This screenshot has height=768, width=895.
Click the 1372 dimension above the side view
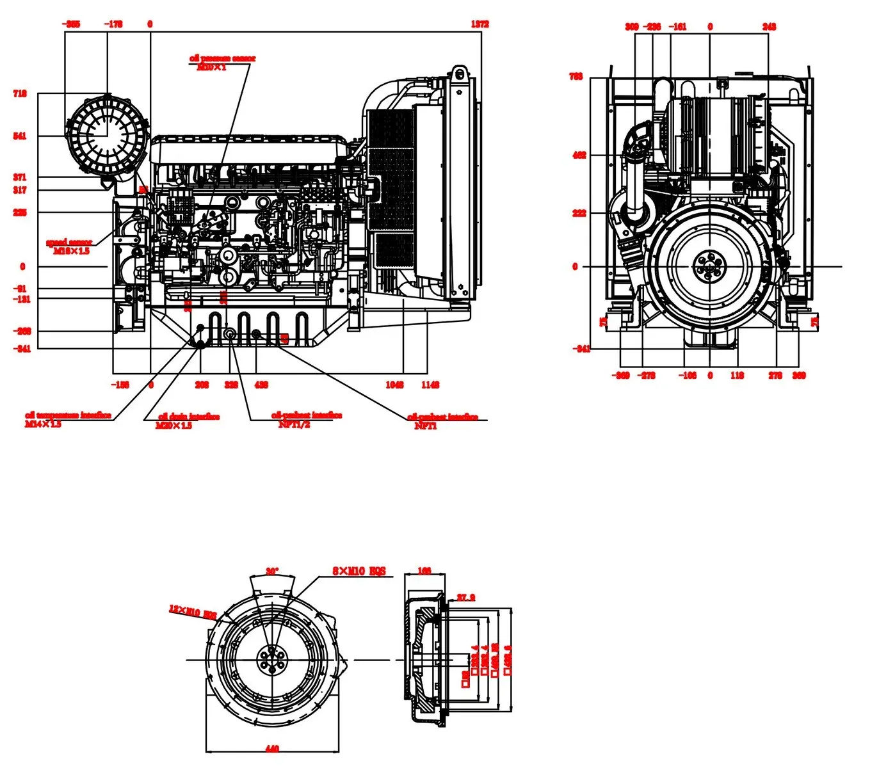[480, 24]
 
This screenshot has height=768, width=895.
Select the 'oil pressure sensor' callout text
[222, 58]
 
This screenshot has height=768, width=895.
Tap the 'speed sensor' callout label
[69, 242]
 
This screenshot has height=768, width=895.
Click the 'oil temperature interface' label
[68, 415]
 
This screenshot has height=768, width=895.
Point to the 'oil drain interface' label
[189, 417]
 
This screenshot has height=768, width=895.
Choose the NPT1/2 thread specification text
[294, 424]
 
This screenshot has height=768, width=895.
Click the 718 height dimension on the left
[20, 93]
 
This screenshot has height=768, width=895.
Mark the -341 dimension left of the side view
[22, 349]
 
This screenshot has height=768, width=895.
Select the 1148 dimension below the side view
[430, 385]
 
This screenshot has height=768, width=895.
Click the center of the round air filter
[107, 136]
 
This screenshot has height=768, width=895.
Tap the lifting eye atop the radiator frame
[460, 74]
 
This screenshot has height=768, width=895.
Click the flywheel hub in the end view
[709, 266]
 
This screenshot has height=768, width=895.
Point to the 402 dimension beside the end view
[579, 155]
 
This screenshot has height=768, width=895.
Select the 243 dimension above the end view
[769, 27]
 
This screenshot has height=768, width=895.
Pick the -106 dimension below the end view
[687, 376]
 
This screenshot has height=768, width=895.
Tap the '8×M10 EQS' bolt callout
[359, 571]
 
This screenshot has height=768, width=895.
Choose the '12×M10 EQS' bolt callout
[193, 612]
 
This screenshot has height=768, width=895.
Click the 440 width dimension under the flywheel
[272, 748]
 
